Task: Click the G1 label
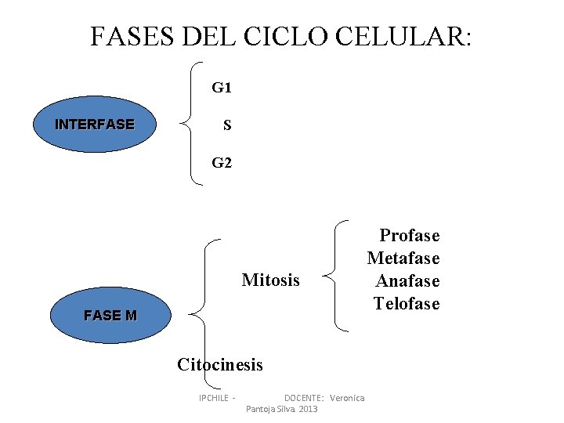tap(222, 88)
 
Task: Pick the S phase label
tap(226, 125)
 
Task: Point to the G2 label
tap(222, 163)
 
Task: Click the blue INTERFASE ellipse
tap(94, 124)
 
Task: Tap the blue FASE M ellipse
tap(110, 316)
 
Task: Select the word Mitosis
tap(271, 280)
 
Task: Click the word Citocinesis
tap(220, 364)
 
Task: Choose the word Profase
tap(410, 235)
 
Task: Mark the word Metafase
tap(403, 258)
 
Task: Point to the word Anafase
tap(407, 280)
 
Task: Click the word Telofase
tap(407, 303)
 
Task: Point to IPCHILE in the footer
tap(214, 398)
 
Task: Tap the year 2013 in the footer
tap(308, 410)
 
